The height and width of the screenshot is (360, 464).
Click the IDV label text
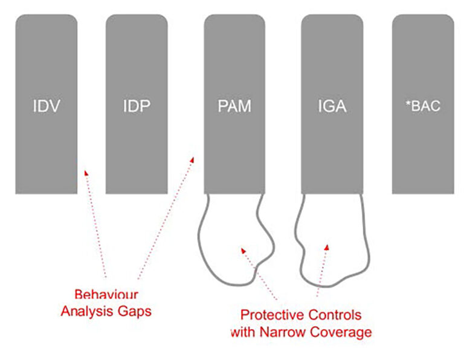pyautogui.click(x=47, y=106)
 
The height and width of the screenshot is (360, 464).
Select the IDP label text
pyautogui.click(x=137, y=106)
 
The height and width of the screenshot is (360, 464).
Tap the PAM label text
pyautogui.click(x=234, y=106)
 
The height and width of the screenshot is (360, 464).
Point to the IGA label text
pyautogui.click(x=332, y=106)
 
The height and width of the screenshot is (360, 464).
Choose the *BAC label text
pyautogui.click(x=423, y=106)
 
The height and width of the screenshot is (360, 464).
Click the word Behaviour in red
pyautogui.click(x=106, y=295)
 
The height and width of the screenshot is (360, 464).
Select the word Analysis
pyautogui.click(x=87, y=312)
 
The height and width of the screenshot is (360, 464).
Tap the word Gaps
pyautogui.click(x=135, y=312)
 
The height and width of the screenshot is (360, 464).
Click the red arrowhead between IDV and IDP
pyautogui.click(x=86, y=173)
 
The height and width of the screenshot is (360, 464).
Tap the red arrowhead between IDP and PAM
pyautogui.click(x=192, y=159)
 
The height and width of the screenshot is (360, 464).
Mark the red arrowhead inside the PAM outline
pyautogui.click(x=243, y=251)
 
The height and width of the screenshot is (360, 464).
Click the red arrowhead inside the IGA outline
pyautogui.click(x=327, y=248)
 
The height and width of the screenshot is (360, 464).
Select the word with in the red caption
pyautogui.click(x=243, y=332)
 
